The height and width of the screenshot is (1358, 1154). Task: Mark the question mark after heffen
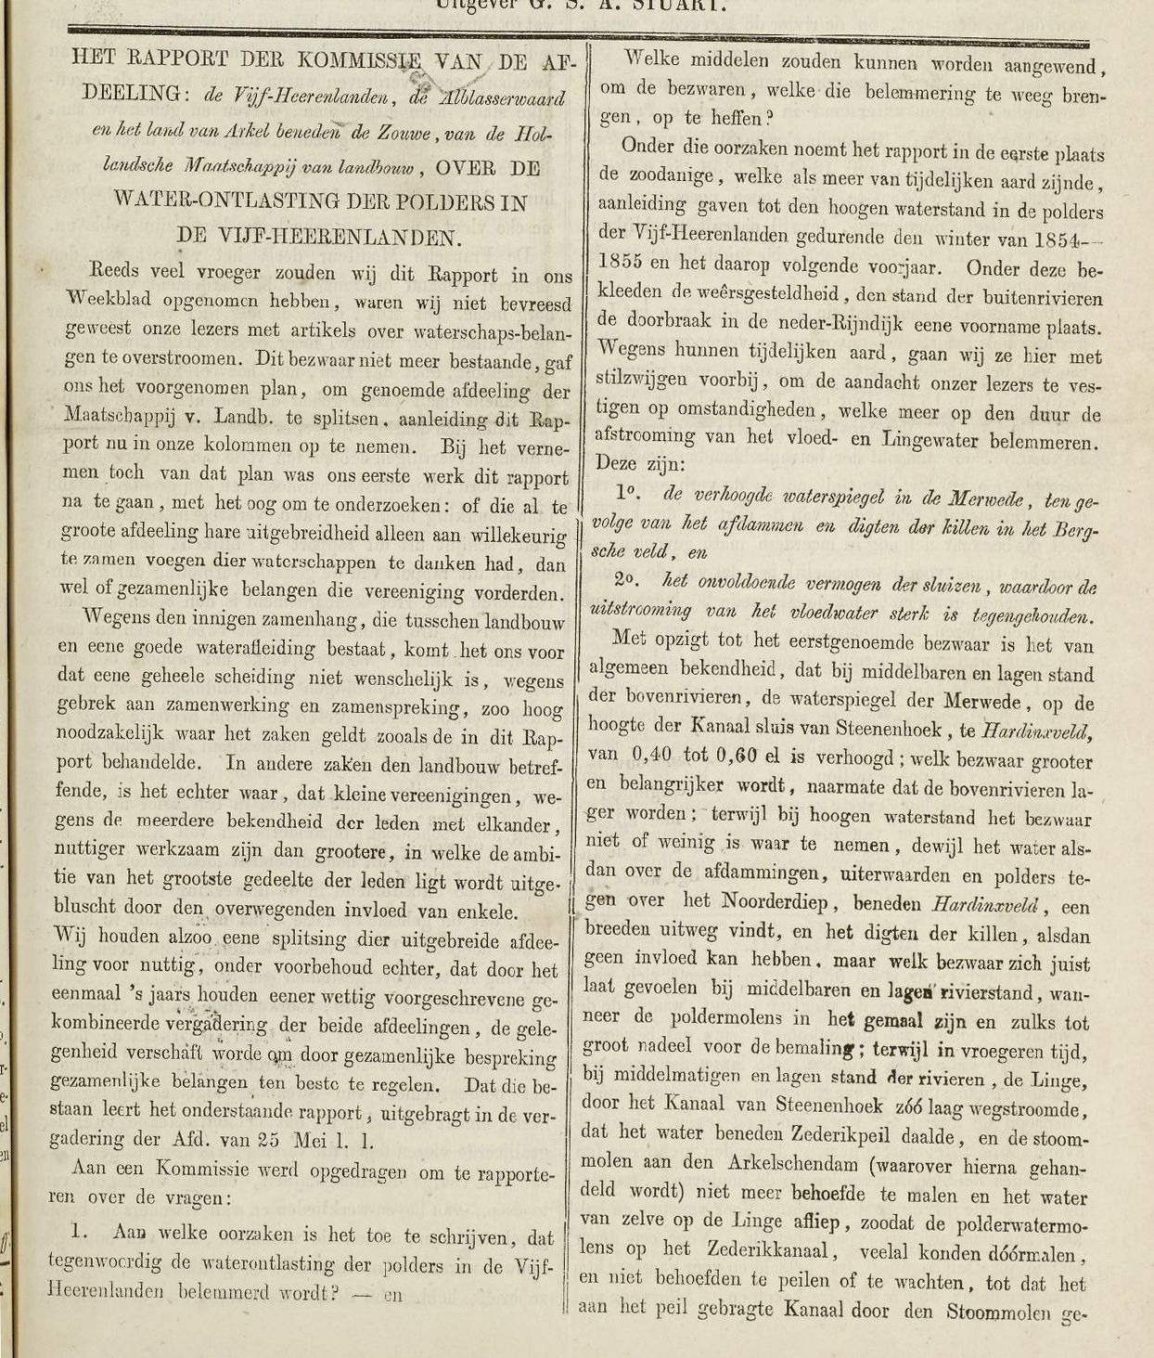771,118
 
